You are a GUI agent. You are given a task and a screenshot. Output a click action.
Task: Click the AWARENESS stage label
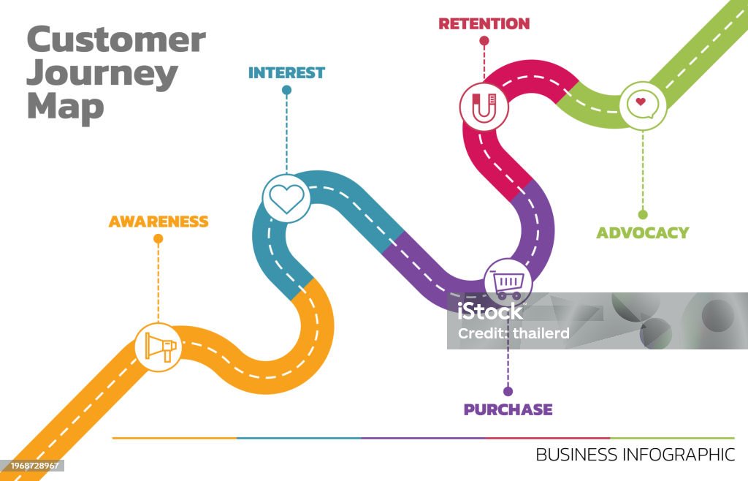pos(159,221)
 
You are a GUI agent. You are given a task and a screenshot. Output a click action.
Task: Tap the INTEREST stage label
pos(286,72)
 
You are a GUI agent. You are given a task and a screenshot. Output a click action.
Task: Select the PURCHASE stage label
pos(508,409)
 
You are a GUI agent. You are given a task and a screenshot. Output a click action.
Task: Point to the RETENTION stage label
pos(484,24)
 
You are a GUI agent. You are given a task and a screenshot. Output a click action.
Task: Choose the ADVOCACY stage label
pos(643,233)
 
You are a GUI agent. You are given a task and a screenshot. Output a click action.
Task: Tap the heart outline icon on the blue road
pos(286,199)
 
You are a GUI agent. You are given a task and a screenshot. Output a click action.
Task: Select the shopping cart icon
pos(508,284)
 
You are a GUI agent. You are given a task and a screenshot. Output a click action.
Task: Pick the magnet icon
pos(484,107)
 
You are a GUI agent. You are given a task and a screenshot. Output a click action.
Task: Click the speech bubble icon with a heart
pos(643,105)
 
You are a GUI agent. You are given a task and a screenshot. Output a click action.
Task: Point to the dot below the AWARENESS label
pos(159,238)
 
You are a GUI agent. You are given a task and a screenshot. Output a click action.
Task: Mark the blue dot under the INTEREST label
pos(286,90)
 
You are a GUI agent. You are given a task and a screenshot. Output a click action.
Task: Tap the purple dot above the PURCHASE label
pos(508,391)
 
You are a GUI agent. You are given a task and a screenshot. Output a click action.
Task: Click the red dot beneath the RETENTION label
pos(484,41)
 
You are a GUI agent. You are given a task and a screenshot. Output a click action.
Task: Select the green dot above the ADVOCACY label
pos(643,215)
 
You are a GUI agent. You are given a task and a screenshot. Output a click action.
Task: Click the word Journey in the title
pos(102,75)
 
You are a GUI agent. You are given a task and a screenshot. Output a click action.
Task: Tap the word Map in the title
pos(65,107)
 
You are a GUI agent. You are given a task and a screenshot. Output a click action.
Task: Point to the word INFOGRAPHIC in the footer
pos(679,455)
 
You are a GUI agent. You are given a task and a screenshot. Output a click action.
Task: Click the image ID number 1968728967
pos(34,466)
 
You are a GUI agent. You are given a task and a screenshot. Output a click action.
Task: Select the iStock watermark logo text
pos(490,311)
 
